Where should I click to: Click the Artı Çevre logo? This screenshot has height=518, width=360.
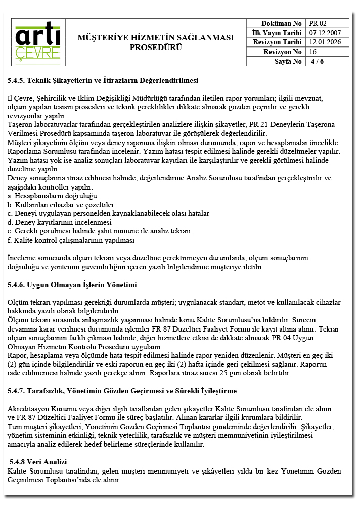pos(38,42)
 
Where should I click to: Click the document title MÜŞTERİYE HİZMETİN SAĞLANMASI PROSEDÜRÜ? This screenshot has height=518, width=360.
pos(156,42)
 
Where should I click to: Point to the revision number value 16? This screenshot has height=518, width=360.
pos(313,52)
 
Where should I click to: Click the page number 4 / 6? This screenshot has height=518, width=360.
pos(317,61)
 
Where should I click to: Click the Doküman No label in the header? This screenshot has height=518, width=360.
pos(281,23)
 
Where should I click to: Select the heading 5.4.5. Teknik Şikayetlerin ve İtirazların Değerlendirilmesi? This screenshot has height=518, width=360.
pos(103,80)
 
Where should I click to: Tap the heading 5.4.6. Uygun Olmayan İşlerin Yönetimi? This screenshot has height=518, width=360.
pos(72,285)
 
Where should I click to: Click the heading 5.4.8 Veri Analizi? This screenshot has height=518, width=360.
pos(38,462)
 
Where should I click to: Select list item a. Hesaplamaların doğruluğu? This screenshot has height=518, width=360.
pos(52,195)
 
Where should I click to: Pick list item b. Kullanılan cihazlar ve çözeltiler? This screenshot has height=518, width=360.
pos(61,204)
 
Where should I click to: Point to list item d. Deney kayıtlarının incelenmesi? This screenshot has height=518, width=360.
pos(59,222)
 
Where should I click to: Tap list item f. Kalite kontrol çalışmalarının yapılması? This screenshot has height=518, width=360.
pos(71,240)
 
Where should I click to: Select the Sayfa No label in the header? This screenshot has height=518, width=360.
pos(288,61)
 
